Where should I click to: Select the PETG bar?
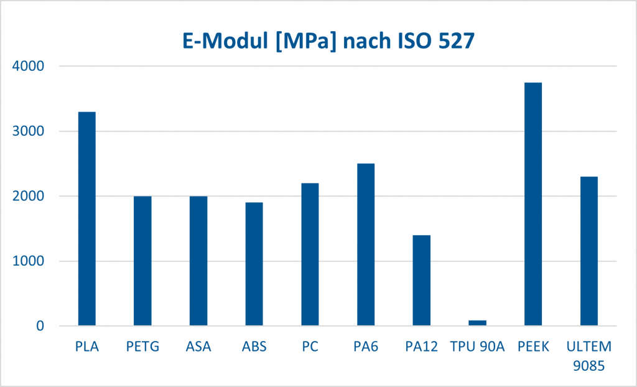[142, 261]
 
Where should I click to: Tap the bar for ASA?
[198, 261]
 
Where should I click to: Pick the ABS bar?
[254, 264]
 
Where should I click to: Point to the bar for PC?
[310, 254]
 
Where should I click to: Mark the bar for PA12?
[421, 281]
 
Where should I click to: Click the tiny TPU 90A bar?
[477, 323]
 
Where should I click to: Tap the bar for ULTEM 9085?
[588, 251]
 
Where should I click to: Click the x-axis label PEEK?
[533, 347]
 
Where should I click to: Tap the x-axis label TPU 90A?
[477, 347]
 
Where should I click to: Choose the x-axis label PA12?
[421, 347]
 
